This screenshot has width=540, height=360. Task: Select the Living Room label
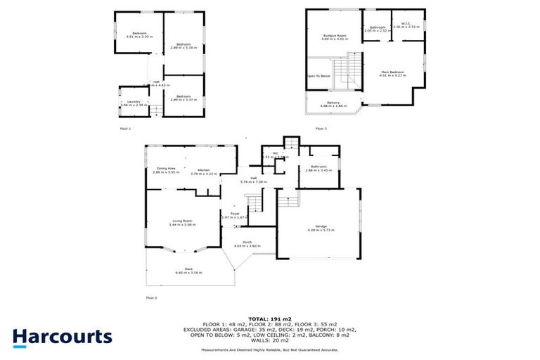coord(183,223)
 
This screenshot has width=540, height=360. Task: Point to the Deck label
coord(188,270)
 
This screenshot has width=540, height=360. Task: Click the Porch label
coord(241,243)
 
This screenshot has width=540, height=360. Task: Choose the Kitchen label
coord(205,171)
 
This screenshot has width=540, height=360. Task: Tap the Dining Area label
coord(166,169)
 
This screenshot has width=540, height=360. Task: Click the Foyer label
coord(234,214)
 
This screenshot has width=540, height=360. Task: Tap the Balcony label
coord(333,103)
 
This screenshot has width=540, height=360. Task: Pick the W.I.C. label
coord(407,25)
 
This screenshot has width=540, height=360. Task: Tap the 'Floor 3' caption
coord(321,129)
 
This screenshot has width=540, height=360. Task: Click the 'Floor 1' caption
coord(125,129)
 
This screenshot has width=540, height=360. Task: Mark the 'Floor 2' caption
coord(151,298)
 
